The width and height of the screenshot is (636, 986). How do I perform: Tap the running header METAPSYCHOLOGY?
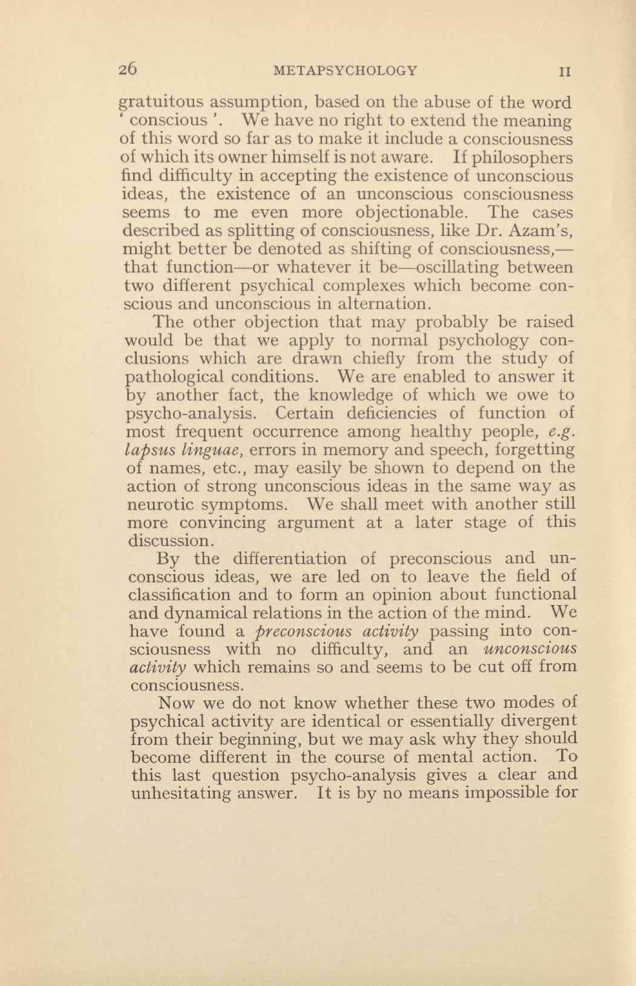pos(346,71)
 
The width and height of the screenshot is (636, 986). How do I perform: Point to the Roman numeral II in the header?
pos(565,72)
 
